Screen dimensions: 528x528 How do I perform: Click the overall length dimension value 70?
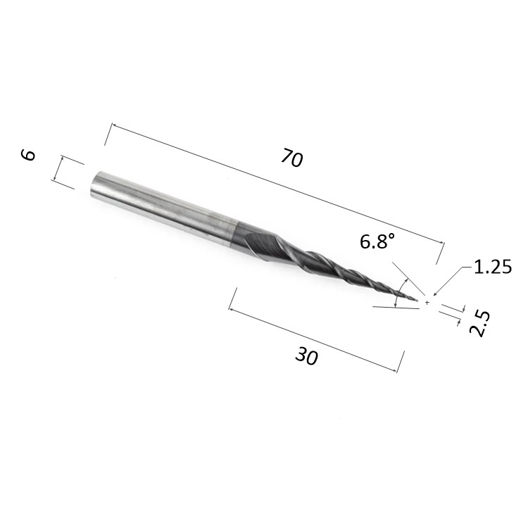click(x=292, y=157)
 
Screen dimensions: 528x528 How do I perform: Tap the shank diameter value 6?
click(x=28, y=156)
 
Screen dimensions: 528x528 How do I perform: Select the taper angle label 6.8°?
click(x=377, y=241)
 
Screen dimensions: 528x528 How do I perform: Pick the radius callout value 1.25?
click(x=493, y=268)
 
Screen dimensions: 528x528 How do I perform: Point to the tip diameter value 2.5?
click(x=479, y=323)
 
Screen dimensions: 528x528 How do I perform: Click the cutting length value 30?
click(x=306, y=357)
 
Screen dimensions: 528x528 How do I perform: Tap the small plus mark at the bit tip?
click(x=427, y=303)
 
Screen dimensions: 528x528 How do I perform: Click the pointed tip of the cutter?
click(x=418, y=301)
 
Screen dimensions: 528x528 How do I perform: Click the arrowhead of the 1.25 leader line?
click(x=435, y=294)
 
